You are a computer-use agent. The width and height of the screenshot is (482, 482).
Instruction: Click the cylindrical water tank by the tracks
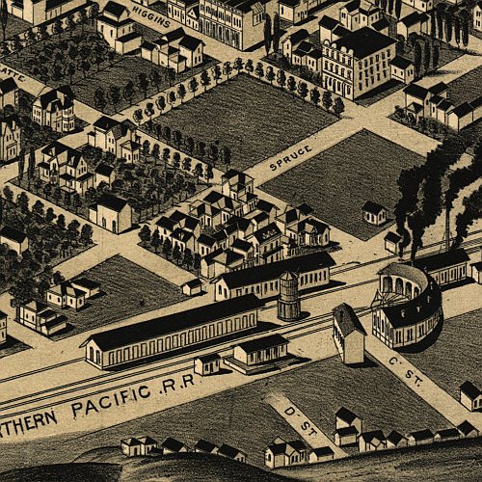[288, 295]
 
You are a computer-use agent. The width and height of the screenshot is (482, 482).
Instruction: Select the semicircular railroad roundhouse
[409, 304]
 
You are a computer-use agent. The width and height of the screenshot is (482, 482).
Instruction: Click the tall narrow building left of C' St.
[349, 334]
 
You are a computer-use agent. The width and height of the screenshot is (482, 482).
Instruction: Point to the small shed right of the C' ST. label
[469, 394]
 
